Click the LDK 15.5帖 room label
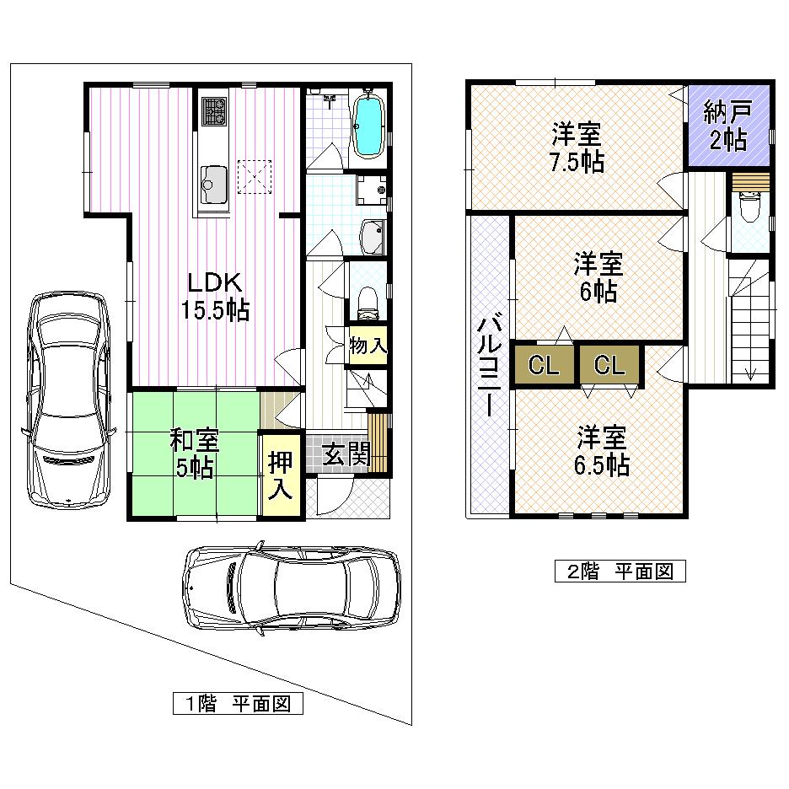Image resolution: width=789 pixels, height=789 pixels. click(214, 295)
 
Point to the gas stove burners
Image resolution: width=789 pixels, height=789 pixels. click(214, 111)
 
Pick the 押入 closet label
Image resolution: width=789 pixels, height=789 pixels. click(279, 473)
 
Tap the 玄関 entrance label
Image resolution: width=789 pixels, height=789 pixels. click(346, 455)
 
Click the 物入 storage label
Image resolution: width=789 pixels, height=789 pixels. click(368, 345)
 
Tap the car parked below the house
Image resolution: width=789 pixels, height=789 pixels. click(292, 588)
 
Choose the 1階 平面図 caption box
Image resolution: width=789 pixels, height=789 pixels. click(238, 703)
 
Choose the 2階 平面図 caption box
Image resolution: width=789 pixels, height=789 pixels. click(620, 571)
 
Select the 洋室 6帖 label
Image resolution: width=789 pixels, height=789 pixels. click(598, 276)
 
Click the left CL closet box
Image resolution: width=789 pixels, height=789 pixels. click(544, 366)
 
